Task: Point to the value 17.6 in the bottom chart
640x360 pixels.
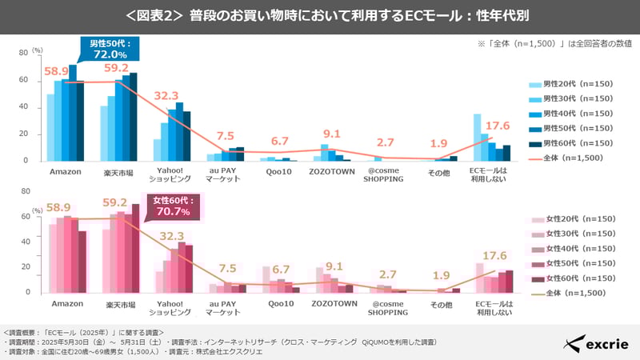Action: pyautogui.click(x=498, y=256)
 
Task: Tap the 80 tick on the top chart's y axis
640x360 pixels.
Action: pyautogui.click(x=24, y=54)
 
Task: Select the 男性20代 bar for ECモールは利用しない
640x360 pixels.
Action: pyautogui.click(x=478, y=138)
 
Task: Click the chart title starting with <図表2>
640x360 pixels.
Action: pyautogui.click(x=320, y=16)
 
